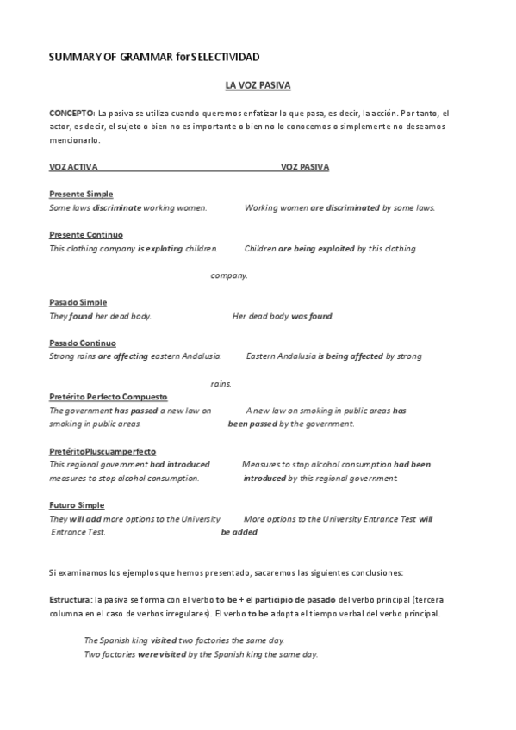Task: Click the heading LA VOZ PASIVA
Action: pyautogui.click(x=258, y=86)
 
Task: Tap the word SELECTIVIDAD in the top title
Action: pyautogui.click(x=226, y=56)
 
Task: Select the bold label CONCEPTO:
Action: pyautogui.click(x=72, y=113)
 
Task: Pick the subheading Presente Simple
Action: pyautogui.click(x=81, y=194)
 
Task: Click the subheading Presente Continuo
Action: pyautogui.click(x=86, y=234)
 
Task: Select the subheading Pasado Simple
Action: pyautogui.click(x=78, y=302)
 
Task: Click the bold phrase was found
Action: pyautogui.click(x=312, y=316)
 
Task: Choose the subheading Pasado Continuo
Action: pyautogui.click(x=83, y=343)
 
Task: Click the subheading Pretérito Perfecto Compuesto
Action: pyautogui.click(x=109, y=397)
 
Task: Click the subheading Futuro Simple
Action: pyautogui.click(x=78, y=505)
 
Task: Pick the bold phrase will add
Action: pyautogui.click(x=83, y=519)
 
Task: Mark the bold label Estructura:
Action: pyautogui.click(x=71, y=598)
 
